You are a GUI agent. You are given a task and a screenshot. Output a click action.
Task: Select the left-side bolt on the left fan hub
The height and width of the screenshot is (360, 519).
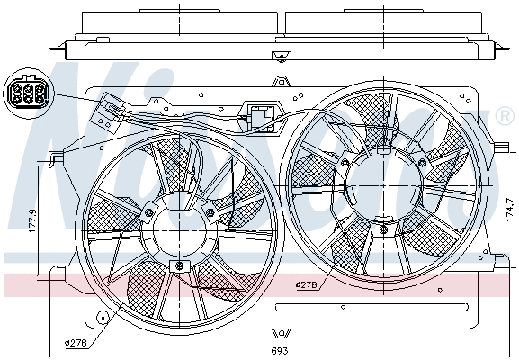click(x=148, y=212)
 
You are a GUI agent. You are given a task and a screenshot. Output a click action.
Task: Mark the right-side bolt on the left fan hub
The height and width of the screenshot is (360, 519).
click(x=210, y=212)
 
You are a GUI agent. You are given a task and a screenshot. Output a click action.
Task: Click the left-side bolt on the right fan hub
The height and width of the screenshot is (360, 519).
click(x=345, y=163)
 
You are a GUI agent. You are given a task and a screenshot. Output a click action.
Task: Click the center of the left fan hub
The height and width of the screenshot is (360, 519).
click(x=180, y=230)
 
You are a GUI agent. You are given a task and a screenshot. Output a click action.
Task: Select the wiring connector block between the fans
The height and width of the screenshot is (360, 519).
click(x=264, y=118)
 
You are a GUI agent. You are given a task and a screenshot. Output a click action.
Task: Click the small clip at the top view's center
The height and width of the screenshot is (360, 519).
click(x=276, y=56)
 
